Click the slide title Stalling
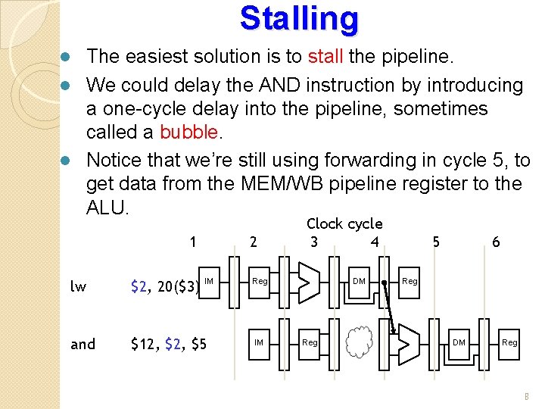pyautogui.click(x=299, y=19)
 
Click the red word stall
pyautogui.click(x=326, y=57)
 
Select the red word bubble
pyautogui.click(x=188, y=133)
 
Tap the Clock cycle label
pyautogui.click(x=344, y=223)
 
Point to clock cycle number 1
pyautogui.click(x=195, y=242)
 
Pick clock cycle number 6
pyautogui.click(x=496, y=242)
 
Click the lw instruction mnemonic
pyautogui.click(x=78, y=287)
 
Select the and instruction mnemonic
pyautogui.click(x=83, y=345)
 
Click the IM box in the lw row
pyautogui.click(x=210, y=282)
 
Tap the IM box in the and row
pyautogui.click(x=259, y=343)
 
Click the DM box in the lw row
pyautogui.click(x=360, y=282)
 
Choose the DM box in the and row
pyautogui.click(x=459, y=343)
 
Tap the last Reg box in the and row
pyautogui.click(x=509, y=343)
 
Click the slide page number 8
pyautogui.click(x=527, y=396)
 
